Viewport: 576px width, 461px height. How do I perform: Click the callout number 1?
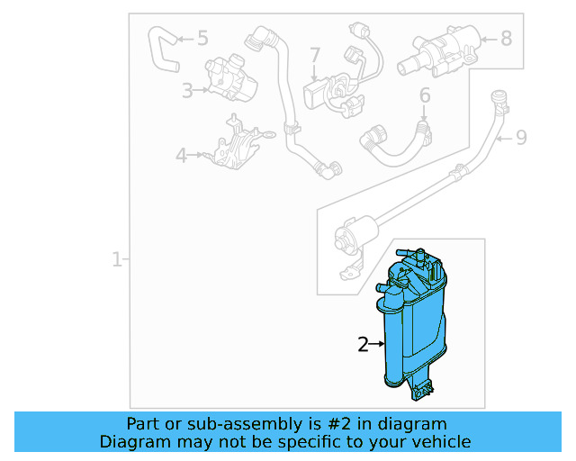point(116,260)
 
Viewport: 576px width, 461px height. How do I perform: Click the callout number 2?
point(363,344)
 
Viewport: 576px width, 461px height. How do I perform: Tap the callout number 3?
point(187,90)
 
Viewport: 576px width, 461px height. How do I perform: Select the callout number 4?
point(181,156)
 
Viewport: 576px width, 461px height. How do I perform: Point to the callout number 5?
point(202,38)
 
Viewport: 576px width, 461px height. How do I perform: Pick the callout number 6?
point(425,95)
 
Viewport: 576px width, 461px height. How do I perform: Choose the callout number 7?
point(314,56)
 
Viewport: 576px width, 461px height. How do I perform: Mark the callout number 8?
point(506,38)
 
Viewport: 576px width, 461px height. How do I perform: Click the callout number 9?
point(520,138)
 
